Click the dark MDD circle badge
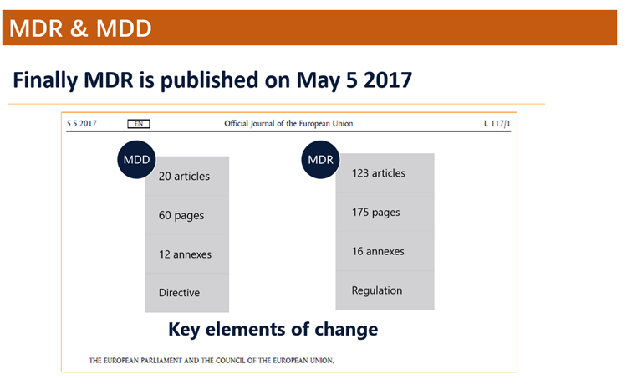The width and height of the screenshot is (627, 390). point(136,159)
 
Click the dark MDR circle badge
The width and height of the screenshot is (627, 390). point(320,159)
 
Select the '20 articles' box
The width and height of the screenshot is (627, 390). point(187,176)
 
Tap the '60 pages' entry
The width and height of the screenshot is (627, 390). point(187,215)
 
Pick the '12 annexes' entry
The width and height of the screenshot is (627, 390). point(187,254)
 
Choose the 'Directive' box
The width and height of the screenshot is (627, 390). point(187,293)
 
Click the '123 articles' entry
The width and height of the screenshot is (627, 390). point(385,173)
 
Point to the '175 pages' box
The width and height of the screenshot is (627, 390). point(385,213)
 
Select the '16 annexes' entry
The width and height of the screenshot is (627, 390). point(385,251)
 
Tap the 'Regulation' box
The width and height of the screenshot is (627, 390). point(385,290)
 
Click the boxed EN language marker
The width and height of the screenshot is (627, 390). point(139,124)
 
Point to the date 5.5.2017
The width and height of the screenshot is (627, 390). point(82,123)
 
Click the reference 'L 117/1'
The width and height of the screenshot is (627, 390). point(497,123)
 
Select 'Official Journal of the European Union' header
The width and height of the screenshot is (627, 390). point(288,123)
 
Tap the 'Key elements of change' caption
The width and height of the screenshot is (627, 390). point(273,330)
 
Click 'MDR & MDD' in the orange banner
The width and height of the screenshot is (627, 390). point(80,28)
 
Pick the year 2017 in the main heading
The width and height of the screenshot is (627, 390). point(388,80)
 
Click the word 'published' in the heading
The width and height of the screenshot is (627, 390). point(209,80)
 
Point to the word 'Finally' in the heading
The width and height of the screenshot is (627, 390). point(45,80)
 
